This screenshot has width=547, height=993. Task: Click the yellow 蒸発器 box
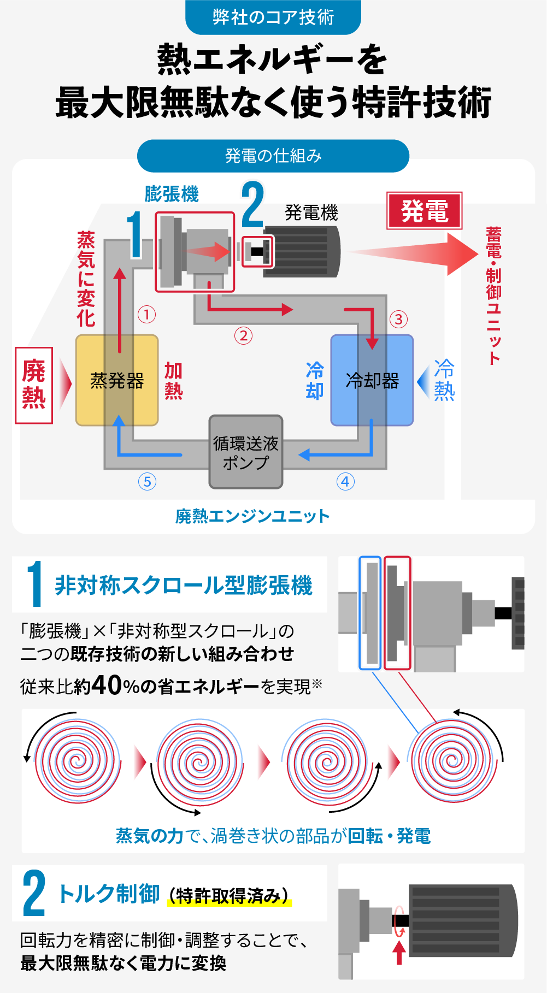117,380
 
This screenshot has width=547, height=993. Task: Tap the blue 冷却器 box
372,380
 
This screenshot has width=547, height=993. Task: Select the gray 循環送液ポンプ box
246,452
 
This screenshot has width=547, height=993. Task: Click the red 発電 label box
425,211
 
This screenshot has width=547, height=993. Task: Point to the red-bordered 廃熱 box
34,385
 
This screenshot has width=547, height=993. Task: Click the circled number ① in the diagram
146,314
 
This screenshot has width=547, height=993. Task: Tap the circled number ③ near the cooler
398,319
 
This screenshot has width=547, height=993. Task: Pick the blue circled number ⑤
147,482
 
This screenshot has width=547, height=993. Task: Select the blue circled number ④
345,482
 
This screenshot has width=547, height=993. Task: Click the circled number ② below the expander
243,335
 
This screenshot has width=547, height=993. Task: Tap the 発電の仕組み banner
273,156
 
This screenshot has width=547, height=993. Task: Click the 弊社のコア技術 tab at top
273,17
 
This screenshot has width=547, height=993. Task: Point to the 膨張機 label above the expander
172,194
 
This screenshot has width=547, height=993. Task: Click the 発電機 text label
311,212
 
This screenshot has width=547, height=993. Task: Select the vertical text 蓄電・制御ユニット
494,295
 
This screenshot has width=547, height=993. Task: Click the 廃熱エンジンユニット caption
252,516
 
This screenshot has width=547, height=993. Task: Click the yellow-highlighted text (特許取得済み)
229,896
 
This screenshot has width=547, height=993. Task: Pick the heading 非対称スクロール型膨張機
184,585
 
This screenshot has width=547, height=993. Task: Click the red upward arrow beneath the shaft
399,953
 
